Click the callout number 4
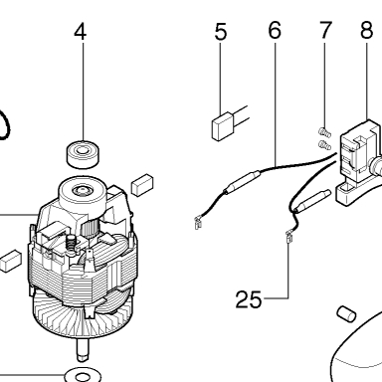81,32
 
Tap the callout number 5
221,32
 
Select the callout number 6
275,30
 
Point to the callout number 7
325,30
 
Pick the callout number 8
367,30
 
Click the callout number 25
249,299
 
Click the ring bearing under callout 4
84,153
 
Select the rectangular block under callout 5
223,127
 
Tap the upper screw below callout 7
324,132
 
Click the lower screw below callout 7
324,144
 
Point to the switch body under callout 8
357,161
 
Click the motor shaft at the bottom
84,350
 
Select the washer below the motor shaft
83,376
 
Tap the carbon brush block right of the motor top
142,185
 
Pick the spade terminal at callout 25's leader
288,237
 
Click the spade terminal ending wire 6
198,223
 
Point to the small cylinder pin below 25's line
346,313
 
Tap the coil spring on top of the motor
72,246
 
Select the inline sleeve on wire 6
242,181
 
